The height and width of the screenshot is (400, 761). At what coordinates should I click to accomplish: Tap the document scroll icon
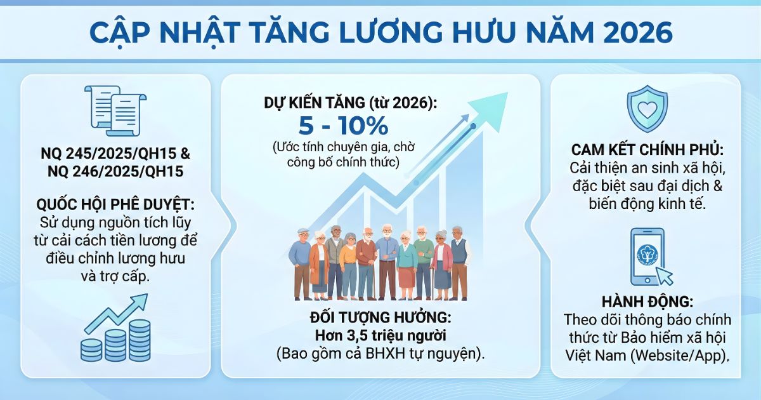point(115,110)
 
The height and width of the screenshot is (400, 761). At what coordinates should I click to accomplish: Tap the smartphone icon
point(647,257)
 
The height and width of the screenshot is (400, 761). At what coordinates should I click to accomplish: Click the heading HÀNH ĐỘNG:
point(647,302)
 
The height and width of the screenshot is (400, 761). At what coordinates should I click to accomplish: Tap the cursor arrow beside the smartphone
point(663,276)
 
